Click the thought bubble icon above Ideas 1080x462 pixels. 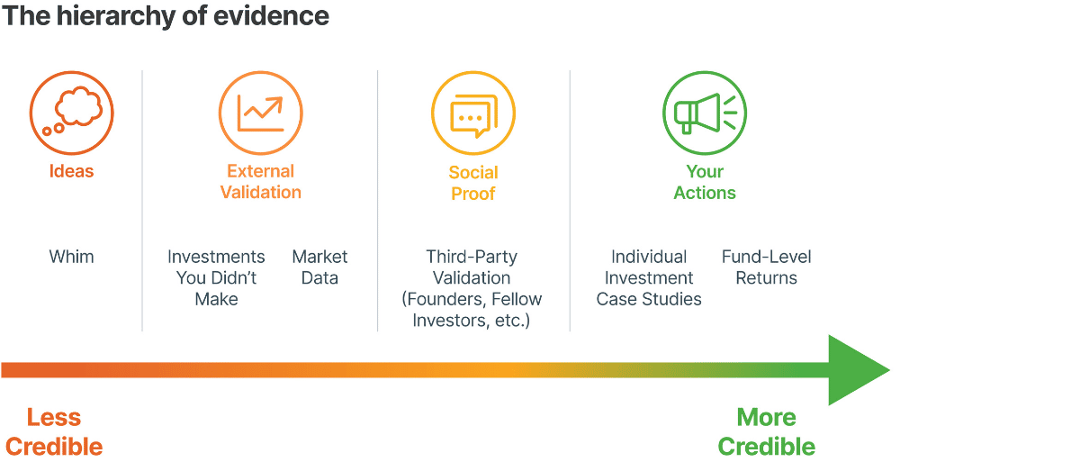click(71, 113)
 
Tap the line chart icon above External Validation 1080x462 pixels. click(261, 113)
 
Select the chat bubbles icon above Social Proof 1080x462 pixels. click(473, 113)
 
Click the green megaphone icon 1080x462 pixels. click(705, 113)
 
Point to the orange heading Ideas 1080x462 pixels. click(71, 171)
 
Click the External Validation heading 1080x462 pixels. click(261, 182)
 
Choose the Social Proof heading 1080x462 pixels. click(473, 183)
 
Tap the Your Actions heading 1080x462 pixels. click(705, 182)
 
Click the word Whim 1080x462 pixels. click(71, 257)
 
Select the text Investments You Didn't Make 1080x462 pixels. click(216, 277)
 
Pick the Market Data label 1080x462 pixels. click(319, 267)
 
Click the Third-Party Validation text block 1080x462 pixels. click(472, 288)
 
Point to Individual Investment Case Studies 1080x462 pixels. click(649, 277)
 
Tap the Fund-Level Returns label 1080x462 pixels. click(766, 267)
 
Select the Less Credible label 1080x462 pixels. click(54, 432)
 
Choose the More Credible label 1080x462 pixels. click(766, 432)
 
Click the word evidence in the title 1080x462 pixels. click(271, 16)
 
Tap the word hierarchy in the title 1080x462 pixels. click(116, 17)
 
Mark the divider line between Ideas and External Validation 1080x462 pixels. click(142, 201)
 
